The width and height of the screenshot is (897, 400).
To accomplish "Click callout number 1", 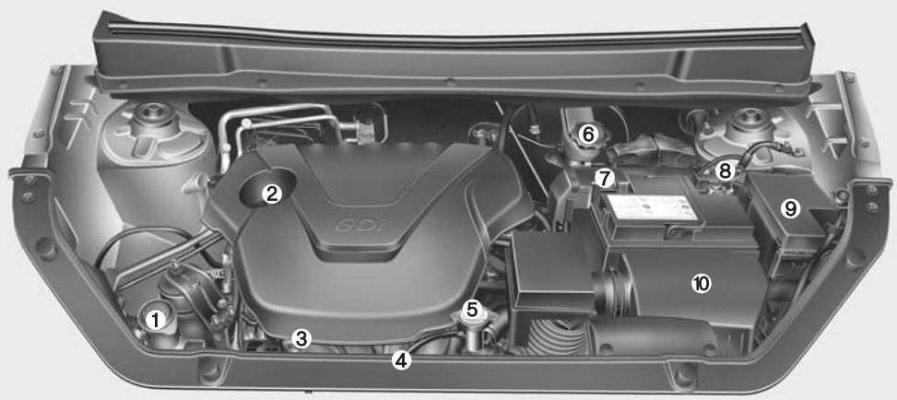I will pos(157,320).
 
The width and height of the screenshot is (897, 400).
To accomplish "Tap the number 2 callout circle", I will pos(271,193).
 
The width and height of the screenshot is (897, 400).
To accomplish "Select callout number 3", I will pos(300,338).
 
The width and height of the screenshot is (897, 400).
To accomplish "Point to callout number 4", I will pos(400,360).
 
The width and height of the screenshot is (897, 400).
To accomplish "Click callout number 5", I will pos(472,309).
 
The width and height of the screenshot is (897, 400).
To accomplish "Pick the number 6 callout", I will pos(588,135).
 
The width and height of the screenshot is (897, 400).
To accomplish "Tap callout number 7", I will pos(604,176).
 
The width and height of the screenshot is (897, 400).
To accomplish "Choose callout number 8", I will pos(726,171).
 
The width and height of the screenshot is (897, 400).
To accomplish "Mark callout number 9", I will pos(789,208).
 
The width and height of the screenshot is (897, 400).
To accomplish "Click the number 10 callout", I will pos(701,284).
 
